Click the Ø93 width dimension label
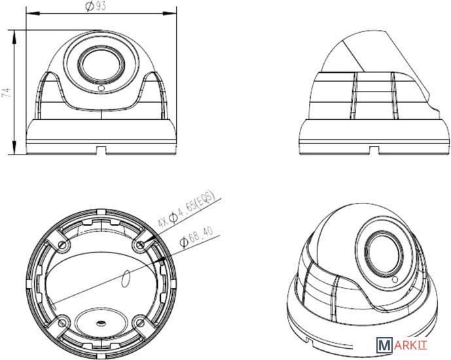96,6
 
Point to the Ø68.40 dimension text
196,237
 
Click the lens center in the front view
101,64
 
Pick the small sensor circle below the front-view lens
101,88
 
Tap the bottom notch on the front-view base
101,151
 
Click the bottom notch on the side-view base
374,151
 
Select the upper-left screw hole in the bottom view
62,245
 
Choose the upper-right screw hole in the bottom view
140,245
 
